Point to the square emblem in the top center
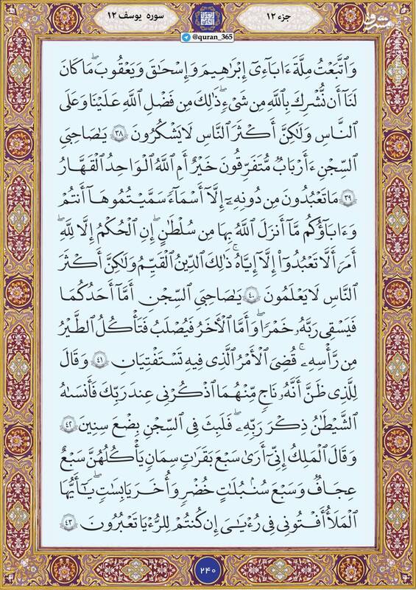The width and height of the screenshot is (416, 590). (x=208, y=15)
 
